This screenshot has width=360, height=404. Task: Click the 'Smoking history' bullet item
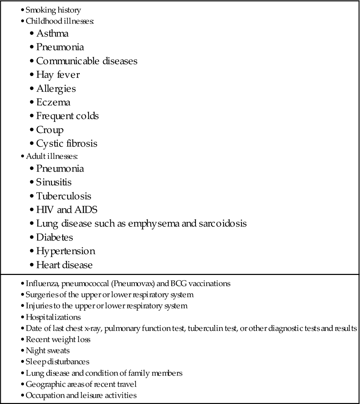click(x=53, y=10)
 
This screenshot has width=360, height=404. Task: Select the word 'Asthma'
click(x=52, y=33)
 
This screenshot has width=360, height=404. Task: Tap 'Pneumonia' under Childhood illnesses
click(x=60, y=47)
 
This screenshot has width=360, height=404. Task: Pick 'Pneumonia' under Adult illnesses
click(x=60, y=168)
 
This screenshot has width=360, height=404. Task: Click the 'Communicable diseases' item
click(x=87, y=61)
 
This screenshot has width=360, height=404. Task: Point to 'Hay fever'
click(x=58, y=75)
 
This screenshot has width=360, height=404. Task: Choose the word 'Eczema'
click(x=53, y=102)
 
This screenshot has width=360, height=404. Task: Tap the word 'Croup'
click(x=50, y=130)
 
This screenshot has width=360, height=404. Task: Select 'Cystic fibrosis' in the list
click(x=67, y=143)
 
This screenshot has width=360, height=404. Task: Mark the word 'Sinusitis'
click(x=54, y=182)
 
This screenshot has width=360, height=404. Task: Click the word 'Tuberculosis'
click(x=64, y=196)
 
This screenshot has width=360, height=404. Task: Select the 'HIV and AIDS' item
click(x=67, y=210)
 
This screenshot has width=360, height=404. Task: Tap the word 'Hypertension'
click(x=66, y=251)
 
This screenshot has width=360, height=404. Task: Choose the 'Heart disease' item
click(x=64, y=265)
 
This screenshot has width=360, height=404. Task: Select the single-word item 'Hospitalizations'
click(x=53, y=317)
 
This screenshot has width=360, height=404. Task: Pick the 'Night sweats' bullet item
click(x=48, y=351)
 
